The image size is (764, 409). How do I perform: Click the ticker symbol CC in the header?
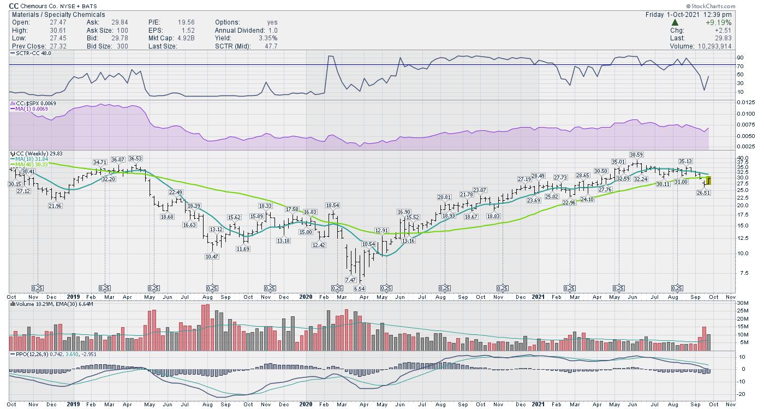click(14, 6)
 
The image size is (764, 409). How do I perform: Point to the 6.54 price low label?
click(359, 288)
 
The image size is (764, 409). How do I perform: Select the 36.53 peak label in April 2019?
click(135, 159)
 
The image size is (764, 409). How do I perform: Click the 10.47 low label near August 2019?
click(212, 257)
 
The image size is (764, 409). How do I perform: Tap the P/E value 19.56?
click(187, 22)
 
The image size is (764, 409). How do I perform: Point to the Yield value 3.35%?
click(267, 38)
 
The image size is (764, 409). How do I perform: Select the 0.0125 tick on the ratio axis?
click(745, 103)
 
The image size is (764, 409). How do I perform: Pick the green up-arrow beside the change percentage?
click(675, 23)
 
